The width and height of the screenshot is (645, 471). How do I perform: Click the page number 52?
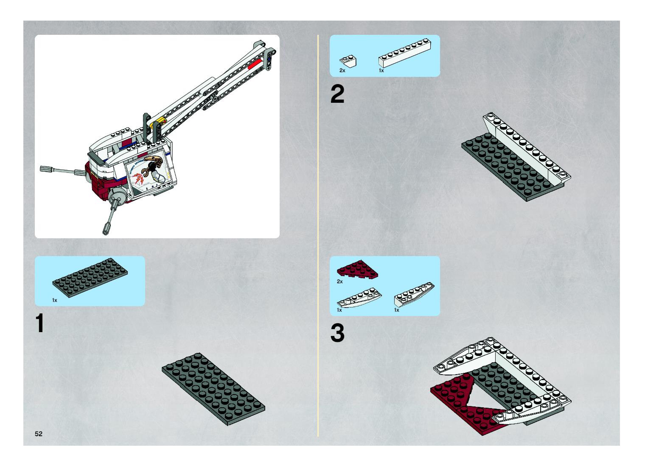pyautogui.click(x=38, y=434)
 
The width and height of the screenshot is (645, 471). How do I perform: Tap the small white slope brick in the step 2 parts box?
pyautogui.click(x=348, y=61)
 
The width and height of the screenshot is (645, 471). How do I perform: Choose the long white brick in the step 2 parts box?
pyautogui.click(x=405, y=53)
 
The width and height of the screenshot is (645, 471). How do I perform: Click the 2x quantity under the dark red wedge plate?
pyautogui.click(x=340, y=281)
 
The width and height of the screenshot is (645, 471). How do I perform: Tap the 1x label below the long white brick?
pyautogui.click(x=381, y=71)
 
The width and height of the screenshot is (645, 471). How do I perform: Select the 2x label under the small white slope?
pyautogui.click(x=342, y=71)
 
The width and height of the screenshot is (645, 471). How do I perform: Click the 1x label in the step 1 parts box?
pyautogui.click(x=54, y=300)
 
